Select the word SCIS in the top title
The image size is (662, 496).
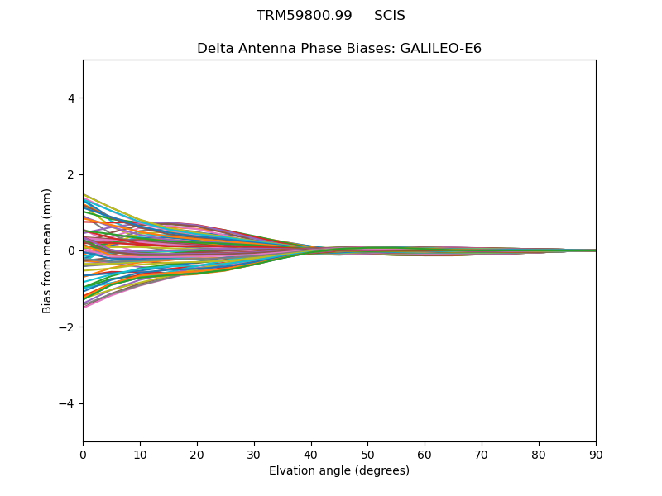[x=389, y=16]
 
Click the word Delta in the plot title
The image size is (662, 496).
[x=214, y=49]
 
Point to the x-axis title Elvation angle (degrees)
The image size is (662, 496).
[x=339, y=471]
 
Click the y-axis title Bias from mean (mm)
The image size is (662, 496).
[x=47, y=250]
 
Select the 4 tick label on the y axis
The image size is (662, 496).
[x=72, y=98]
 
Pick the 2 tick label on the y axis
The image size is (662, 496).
[x=72, y=174]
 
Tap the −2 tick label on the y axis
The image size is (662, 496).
[x=69, y=327]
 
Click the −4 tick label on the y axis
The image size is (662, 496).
[x=69, y=403]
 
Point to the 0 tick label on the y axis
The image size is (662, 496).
[x=72, y=250]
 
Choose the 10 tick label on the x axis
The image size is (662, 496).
[x=140, y=455]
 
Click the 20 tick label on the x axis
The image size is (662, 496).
[x=197, y=455]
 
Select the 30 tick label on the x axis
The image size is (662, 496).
[x=254, y=455]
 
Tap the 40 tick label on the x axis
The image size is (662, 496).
[x=311, y=455]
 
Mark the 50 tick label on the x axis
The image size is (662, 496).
[x=367, y=455]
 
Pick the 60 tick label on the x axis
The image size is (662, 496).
[x=425, y=455]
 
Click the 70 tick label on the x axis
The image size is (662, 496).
[x=482, y=455]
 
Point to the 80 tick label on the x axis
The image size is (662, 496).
[x=539, y=455]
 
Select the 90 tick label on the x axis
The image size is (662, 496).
[x=596, y=455]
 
